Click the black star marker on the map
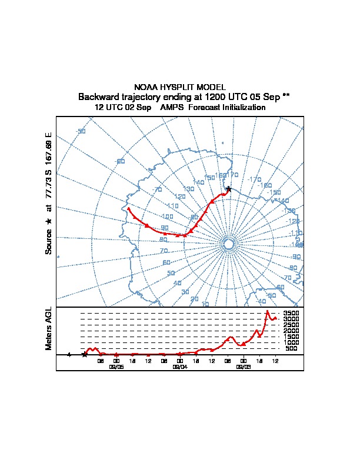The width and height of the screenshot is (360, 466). click(x=229, y=189)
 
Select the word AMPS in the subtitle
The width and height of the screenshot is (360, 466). click(x=172, y=108)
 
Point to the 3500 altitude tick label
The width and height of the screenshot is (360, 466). click(x=291, y=313)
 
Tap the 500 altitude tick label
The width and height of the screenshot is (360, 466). click(x=291, y=348)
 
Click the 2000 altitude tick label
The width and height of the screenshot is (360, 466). click(x=291, y=331)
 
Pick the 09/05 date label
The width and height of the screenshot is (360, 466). click(x=116, y=366)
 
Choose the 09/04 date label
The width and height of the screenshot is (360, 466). click(x=180, y=366)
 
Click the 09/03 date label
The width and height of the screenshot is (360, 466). click(x=244, y=366)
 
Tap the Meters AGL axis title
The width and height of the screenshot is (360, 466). click(x=49, y=328)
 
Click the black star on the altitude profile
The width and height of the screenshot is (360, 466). click(x=85, y=354)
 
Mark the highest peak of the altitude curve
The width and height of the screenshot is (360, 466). click(x=268, y=311)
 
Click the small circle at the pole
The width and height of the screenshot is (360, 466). click(x=229, y=244)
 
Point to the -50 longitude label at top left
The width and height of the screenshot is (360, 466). click(x=81, y=131)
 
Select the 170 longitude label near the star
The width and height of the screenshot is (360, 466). click(x=234, y=175)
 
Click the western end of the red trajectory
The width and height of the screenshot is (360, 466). click(x=128, y=208)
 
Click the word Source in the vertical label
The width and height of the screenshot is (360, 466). click(x=49, y=242)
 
